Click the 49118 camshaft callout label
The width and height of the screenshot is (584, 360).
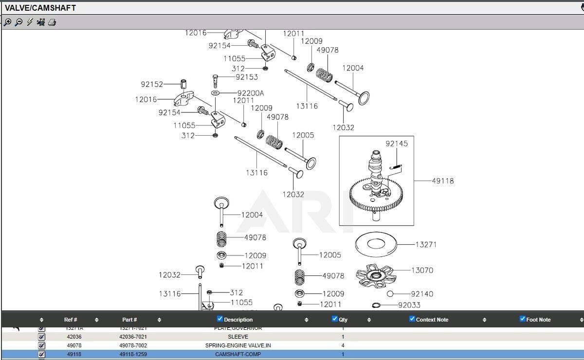(x=442, y=181)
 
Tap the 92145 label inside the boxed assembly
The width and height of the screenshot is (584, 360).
(x=397, y=144)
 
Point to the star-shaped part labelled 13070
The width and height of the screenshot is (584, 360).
(x=376, y=276)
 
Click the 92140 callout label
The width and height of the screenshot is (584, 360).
(x=421, y=294)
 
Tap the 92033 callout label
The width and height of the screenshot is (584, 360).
(x=409, y=305)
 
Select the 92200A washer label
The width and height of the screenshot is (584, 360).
(x=251, y=93)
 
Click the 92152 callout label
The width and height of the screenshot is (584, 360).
(x=152, y=84)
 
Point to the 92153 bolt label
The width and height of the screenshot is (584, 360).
(x=247, y=77)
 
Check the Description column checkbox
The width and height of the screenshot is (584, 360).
(x=220, y=319)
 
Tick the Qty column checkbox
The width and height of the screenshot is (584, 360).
(x=334, y=319)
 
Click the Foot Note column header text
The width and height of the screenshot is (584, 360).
(x=538, y=320)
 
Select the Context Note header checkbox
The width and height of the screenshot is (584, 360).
(x=412, y=319)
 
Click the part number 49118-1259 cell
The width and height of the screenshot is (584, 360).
(x=133, y=354)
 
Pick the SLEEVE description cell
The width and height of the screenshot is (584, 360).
(x=238, y=337)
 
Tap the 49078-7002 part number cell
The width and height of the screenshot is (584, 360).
(x=133, y=345)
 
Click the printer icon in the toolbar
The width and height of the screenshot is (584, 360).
(x=52, y=22)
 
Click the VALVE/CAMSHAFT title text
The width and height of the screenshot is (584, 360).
(x=40, y=8)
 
